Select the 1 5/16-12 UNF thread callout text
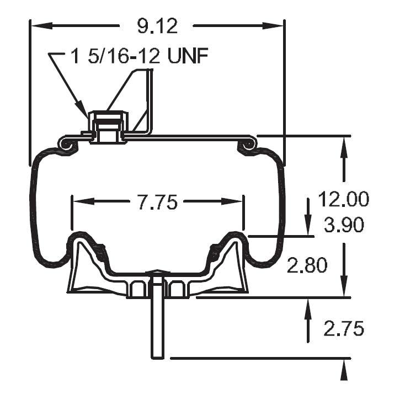(x=140, y=56)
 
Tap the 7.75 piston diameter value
(x=157, y=202)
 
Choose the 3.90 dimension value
(x=343, y=225)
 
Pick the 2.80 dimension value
(x=307, y=265)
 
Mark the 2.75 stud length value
(x=343, y=329)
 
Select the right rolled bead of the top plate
(x=248, y=144)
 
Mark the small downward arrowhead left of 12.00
(x=307, y=225)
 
